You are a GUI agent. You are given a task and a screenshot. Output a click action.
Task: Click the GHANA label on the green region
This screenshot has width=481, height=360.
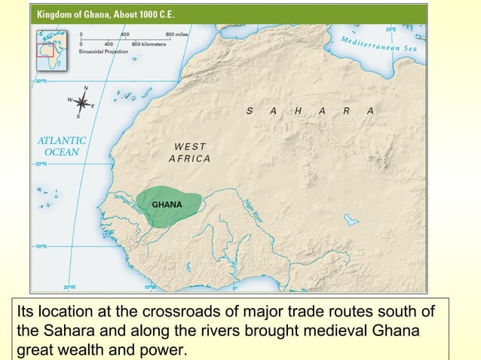tap(167, 204)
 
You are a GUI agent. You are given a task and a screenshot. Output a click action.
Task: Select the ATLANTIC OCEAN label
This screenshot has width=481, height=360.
tap(62, 145)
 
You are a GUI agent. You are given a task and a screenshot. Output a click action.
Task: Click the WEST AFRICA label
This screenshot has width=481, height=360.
tap(190, 152)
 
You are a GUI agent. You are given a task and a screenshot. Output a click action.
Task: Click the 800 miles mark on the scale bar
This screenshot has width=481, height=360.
tap(179, 35)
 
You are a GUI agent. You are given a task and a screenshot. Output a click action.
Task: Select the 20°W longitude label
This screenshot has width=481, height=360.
tap(69, 287)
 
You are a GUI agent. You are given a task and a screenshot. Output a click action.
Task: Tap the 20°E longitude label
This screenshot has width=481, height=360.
tap(391, 29)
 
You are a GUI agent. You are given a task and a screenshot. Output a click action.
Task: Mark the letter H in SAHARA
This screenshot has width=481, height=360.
tap(299, 111)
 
